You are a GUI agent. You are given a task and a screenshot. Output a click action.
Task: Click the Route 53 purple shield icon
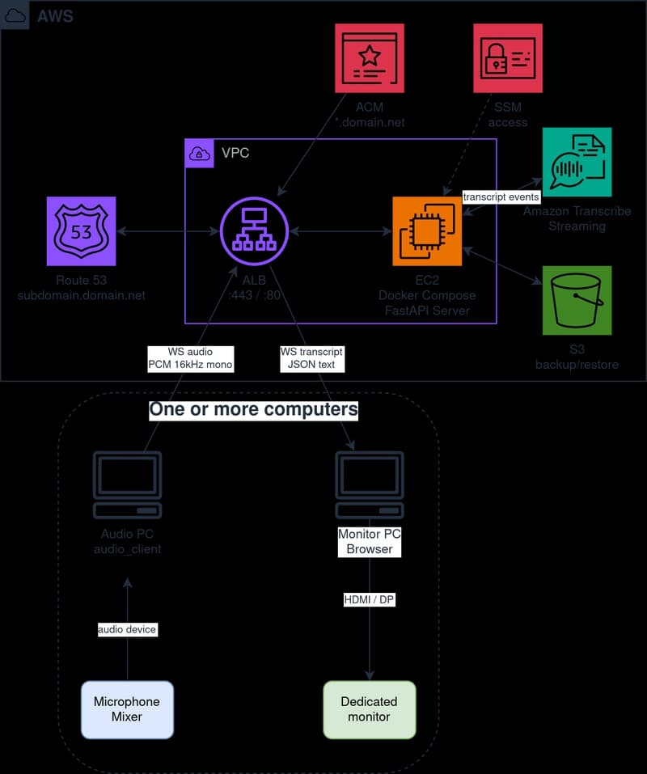click(x=81, y=231)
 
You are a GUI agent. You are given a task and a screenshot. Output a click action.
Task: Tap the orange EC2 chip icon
click(x=427, y=231)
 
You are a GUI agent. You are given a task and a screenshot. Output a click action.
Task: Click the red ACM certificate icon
click(x=370, y=57)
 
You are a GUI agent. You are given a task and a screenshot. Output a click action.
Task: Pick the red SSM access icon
click(x=507, y=57)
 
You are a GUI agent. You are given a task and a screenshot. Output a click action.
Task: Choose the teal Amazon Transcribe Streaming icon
click(x=577, y=163)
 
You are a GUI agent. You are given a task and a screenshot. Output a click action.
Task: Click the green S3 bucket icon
click(x=577, y=300)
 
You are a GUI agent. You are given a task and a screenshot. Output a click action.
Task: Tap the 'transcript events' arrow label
click(x=501, y=197)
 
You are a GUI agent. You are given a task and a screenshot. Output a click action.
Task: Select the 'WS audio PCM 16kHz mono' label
click(x=190, y=358)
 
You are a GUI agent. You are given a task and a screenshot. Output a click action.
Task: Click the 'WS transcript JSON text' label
click(x=311, y=358)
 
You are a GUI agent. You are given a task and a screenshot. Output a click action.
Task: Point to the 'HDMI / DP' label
click(x=370, y=599)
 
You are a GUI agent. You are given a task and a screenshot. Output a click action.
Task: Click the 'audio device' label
click(x=127, y=629)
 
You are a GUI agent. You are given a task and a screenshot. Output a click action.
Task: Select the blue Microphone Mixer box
click(x=127, y=709)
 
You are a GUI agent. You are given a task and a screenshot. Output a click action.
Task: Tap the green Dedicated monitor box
click(x=370, y=709)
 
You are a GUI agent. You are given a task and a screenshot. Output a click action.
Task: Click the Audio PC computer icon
click(x=127, y=485)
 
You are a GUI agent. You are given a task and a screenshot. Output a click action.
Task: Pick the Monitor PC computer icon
click(x=370, y=485)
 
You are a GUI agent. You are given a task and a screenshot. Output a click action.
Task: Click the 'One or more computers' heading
click(x=253, y=409)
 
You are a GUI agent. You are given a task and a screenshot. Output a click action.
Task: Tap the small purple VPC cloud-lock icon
click(x=199, y=153)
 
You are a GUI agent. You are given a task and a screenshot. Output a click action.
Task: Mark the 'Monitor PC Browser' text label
click(x=370, y=542)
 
